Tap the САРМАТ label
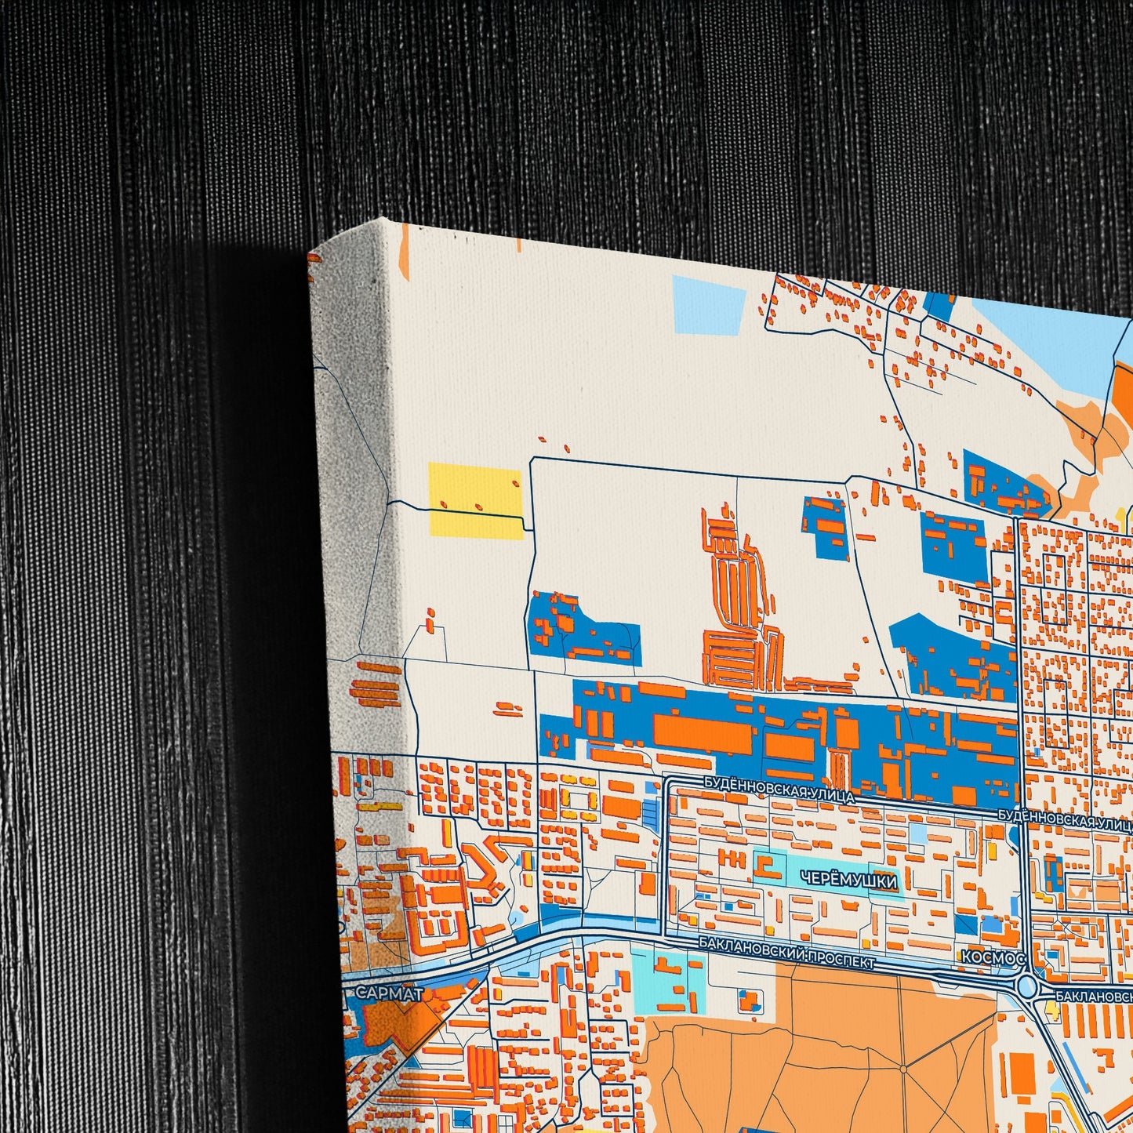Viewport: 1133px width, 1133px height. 390,993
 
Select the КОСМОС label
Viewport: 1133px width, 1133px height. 993,957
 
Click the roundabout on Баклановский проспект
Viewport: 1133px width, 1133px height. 1027,986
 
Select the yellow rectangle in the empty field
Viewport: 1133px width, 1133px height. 476,500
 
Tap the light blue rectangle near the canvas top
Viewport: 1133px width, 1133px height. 709,305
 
